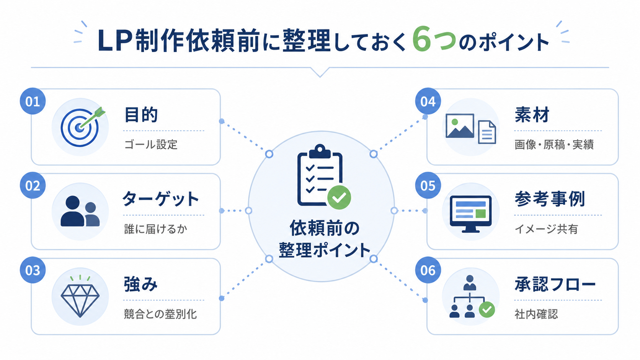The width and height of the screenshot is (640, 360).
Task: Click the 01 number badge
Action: [33, 101]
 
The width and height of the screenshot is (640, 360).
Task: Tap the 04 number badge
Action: [428, 101]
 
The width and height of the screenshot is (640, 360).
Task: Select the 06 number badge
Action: [428, 270]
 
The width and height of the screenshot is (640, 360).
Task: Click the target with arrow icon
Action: [82, 127]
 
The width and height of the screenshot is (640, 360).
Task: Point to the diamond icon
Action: [80, 297]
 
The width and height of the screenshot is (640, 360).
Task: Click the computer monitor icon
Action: [470, 214]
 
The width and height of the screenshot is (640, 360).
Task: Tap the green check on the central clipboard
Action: [339, 197]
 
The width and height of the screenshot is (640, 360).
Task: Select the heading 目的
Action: [141, 115]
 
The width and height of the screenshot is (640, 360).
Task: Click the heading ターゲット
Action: [160, 199]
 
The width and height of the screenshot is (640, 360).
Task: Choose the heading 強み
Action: [140, 284]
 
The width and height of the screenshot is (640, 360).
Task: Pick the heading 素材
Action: [532, 115]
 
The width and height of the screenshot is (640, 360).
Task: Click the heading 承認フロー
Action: [555, 284]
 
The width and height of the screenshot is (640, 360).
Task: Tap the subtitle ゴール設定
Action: [151, 145]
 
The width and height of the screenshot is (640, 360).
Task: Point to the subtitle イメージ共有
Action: [546, 229]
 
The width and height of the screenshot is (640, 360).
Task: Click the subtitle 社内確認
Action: [536, 314]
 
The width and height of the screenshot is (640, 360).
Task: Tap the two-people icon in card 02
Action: [80, 211]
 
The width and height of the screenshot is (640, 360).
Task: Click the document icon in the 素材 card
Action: [487, 132]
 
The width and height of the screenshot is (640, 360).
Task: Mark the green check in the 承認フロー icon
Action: [487, 310]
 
